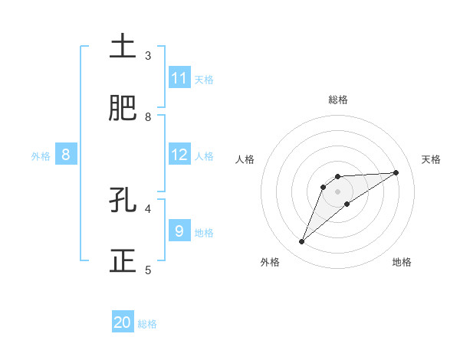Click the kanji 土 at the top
(123, 47)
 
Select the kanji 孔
(123, 201)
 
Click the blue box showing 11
(179, 78)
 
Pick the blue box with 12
(179, 155)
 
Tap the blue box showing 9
(179, 231)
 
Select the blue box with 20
(123, 322)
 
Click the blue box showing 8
(66, 155)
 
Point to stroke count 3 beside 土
(148, 56)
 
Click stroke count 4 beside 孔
(148, 208)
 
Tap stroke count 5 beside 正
(148, 270)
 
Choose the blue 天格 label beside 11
(204, 79)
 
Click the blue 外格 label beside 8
(41, 155)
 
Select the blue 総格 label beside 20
(147, 323)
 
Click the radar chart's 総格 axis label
(337, 100)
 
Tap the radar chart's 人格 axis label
(246, 159)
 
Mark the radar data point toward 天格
(396, 172)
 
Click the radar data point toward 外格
(301, 242)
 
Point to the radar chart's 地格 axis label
(402, 262)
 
